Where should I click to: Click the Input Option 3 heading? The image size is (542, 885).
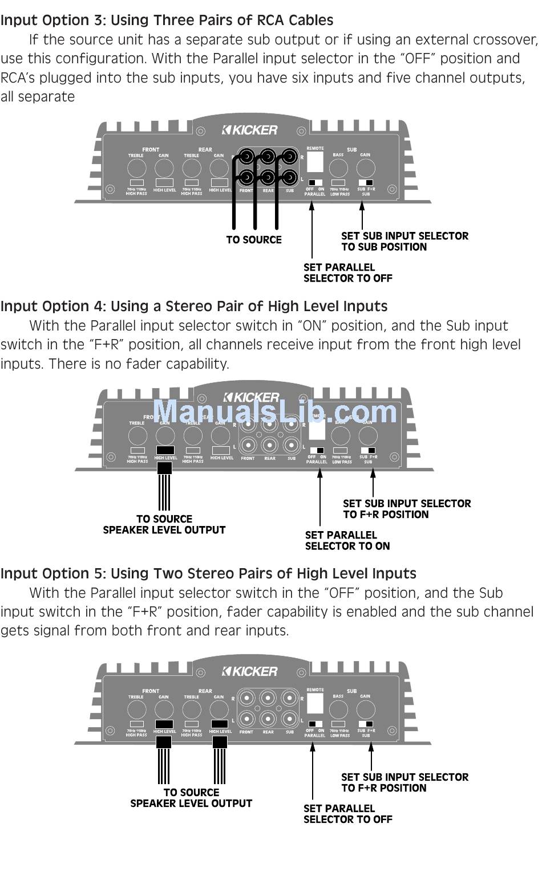coord(167,21)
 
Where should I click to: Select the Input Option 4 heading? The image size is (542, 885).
coord(193,307)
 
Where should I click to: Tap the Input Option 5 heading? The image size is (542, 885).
coord(208,574)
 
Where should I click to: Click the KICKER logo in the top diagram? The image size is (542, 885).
coord(250,130)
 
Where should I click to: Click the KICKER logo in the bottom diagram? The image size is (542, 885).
coord(250,672)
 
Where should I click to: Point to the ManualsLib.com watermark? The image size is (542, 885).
coord(275,411)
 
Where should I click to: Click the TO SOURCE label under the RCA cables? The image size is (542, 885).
coord(254,240)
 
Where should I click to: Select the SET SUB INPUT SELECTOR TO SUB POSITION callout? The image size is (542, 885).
coord(404,242)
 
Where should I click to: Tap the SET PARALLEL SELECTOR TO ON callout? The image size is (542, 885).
coord(347,541)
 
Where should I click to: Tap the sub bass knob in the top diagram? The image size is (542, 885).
coord(338,168)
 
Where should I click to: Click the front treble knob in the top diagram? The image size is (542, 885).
coord(136,168)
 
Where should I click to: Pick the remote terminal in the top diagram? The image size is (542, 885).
coord(315,162)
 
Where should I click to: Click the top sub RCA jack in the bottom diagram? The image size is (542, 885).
coord(290,698)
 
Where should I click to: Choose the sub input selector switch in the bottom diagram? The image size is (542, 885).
coord(366,724)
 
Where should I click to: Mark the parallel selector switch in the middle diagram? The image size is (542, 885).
coord(317,450)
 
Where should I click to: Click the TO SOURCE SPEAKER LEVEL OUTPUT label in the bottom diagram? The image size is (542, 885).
coord(191,798)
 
